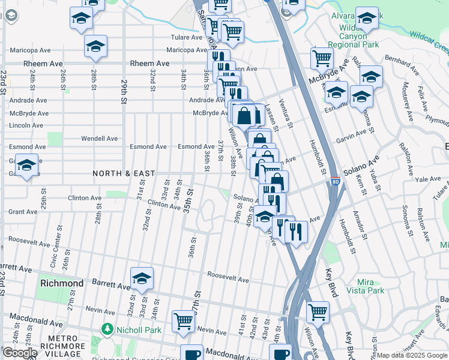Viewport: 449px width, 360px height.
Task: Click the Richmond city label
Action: (x=62, y=283)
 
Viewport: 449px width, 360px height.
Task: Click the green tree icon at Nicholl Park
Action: (x=107, y=329)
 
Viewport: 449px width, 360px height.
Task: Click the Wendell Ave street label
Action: (x=100, y=138)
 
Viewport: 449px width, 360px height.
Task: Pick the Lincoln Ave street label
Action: (x=26, y=125)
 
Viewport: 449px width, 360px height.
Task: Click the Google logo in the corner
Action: (x=20, y=353)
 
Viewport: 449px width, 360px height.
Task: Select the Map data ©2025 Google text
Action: (x=411, y=355)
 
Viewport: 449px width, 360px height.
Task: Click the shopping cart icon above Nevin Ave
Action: (x=183, y=320)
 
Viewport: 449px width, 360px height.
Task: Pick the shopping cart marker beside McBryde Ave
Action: (x=322, y=58)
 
